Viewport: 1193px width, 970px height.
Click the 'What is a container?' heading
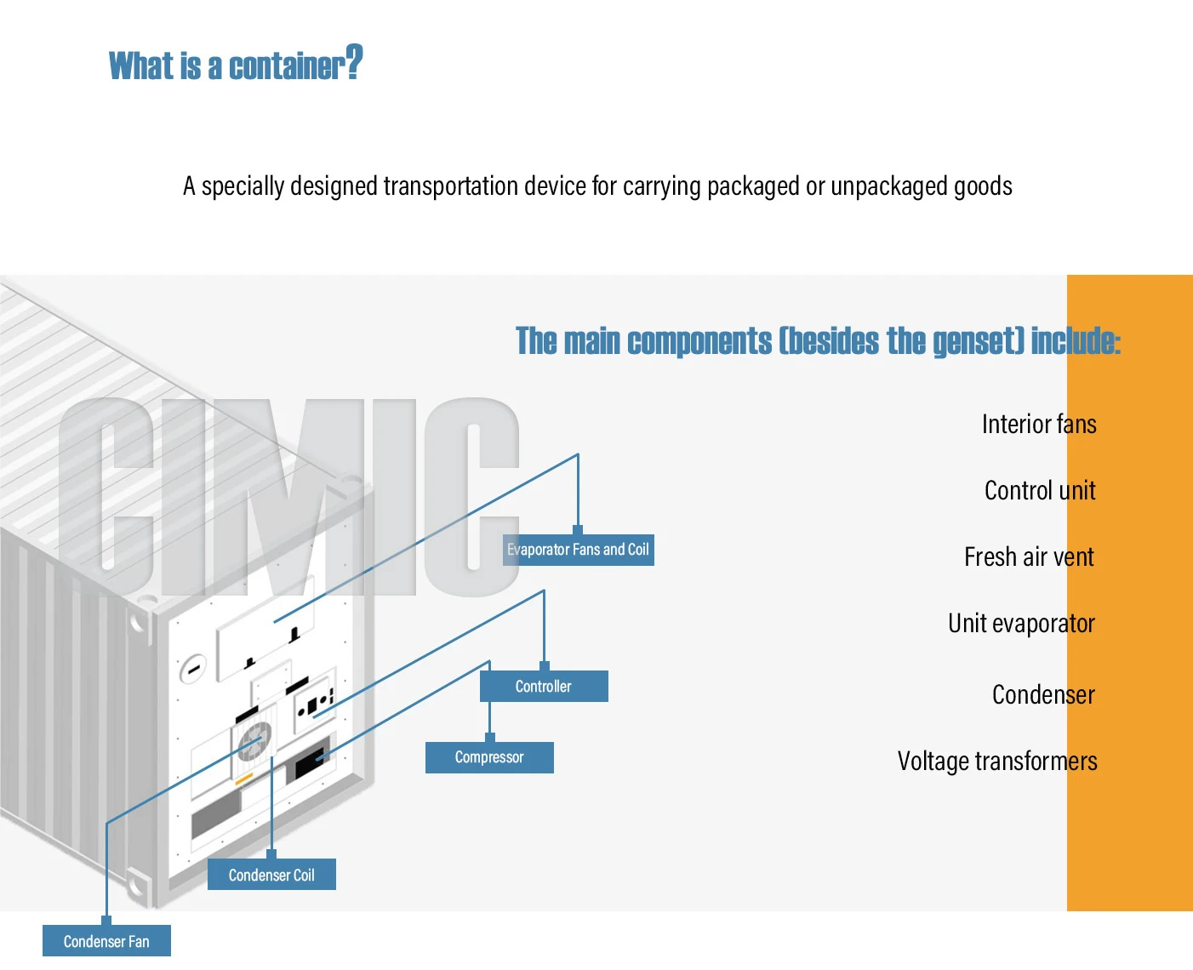point(236,66)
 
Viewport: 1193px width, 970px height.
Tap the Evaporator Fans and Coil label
point(579,550)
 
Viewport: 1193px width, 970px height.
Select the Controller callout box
point(544,687)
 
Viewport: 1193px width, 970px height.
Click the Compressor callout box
point(489,757)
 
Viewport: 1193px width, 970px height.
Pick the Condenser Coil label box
point(271,875)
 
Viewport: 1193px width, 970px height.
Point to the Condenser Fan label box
point(106,941)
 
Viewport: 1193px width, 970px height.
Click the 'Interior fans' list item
point(1038,424)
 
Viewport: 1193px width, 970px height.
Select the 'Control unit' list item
point(1039,490)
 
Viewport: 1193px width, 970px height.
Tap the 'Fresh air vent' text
point(1028,556)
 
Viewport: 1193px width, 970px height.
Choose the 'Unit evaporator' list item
point(1020,624)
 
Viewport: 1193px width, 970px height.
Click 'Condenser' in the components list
point(1042,694)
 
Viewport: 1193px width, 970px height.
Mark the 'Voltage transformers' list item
point(996,761)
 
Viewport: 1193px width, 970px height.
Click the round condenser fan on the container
point(254,741)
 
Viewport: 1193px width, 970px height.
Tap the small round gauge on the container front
point(193,669)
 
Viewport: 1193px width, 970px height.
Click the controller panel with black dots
point(313,704)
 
